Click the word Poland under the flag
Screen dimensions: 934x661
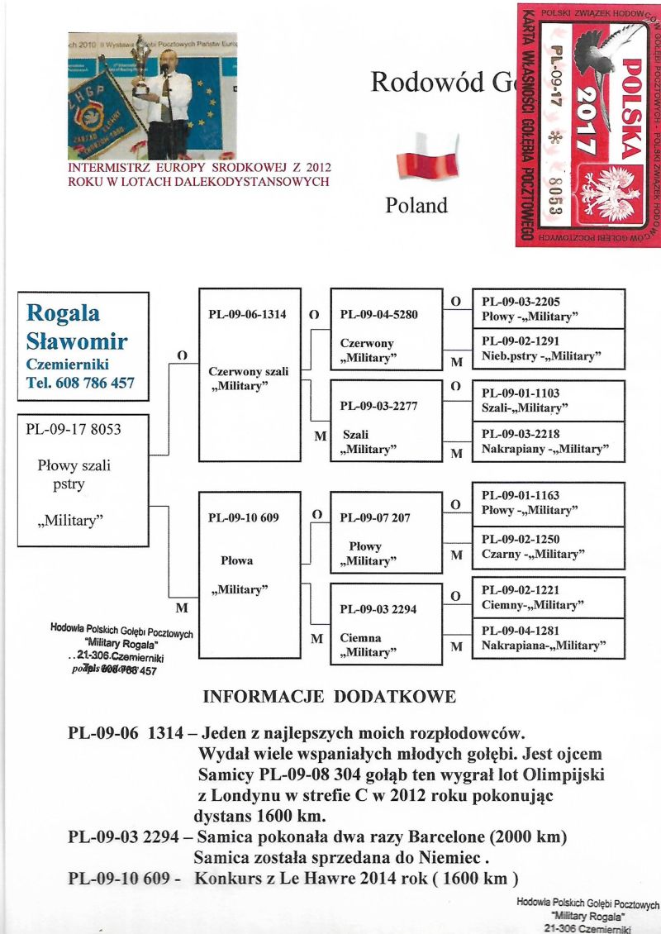[x=416, y=206]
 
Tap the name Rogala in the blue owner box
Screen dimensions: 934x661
[x=63, y=312]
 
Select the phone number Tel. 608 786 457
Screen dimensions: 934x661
[x=79, y=383]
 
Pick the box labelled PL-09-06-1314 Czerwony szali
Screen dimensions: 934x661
[x=249, y=374]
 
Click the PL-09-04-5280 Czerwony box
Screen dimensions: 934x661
[x=386, y=329]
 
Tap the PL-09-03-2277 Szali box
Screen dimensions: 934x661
[x=386, y=420]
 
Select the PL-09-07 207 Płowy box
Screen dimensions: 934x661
[x=386, y=531]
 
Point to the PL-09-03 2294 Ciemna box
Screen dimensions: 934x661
[x=386, y=623]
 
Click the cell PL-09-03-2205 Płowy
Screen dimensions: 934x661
[x=548, y=309]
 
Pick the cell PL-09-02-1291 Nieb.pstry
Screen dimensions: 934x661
[x=548, y=349]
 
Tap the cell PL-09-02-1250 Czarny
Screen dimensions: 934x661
[x=548, y=546]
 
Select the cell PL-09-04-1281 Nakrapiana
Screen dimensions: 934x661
[x=548, y=638]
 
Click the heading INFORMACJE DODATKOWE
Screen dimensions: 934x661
[x=329, y=697]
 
